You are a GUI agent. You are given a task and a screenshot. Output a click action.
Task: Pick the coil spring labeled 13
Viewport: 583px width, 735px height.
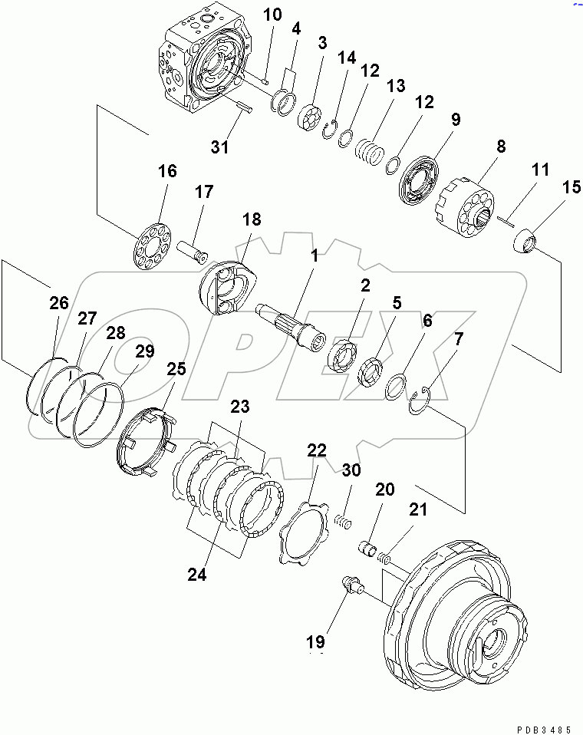pyautogui.click(x=371, y=147)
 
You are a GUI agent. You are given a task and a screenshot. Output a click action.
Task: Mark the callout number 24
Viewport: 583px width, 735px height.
pyautogui.click(x=196, y=575)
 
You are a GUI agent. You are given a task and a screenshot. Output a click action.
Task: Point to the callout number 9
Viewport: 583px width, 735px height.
pyautogui.click(x=455, y=120)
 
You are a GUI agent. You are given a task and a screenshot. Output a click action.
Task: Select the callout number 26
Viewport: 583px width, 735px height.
pyautogui.click(x=58, y=305)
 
